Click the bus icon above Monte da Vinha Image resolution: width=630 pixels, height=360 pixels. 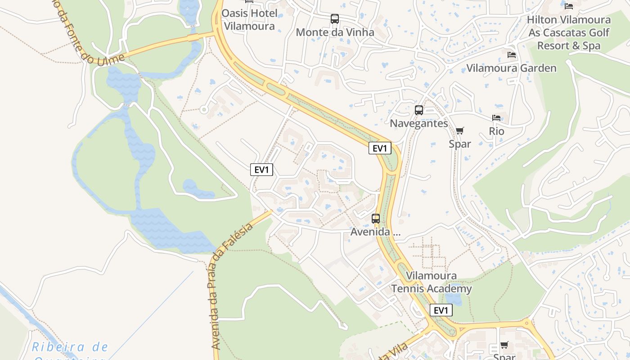[x=335, y=19]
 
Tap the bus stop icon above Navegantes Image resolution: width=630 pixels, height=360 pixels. [x=419, y=110]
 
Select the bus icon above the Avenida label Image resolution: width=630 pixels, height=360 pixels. [x=376, y=219]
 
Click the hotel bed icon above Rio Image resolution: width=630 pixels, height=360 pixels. [x=496, y=118]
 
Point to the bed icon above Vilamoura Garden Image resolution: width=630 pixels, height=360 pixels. [x=512, y=55]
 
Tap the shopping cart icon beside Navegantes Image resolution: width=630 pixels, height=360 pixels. [x=459, y=131]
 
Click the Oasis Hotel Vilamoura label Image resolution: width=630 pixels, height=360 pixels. [x=249, y=20]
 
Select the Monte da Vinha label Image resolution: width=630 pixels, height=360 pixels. [x=335, y=32]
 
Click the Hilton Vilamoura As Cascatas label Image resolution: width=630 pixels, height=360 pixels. [x=569, y=32]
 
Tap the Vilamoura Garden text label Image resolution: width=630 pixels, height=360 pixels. [x=511, y=68]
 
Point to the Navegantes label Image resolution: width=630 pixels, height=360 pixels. [x=419, y=123]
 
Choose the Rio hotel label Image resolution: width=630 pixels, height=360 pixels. [x=496, y=131]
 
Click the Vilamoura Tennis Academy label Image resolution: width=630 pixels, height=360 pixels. [x=432, y=282]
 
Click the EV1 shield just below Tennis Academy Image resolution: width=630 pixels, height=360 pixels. [x=441, y=310]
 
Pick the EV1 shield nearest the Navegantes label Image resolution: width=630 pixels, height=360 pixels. [x=380, y=148]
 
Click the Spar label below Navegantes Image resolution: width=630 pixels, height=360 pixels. [x=459, y=144]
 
